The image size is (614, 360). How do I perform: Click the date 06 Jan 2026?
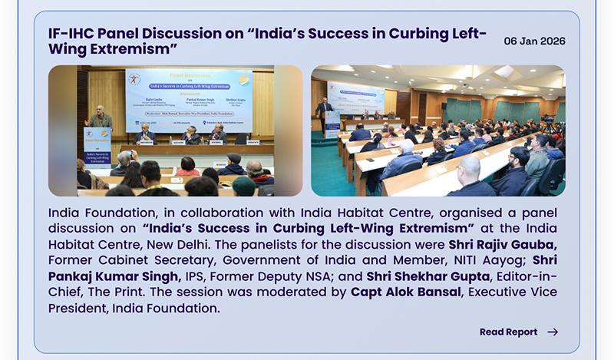pyautogui.click(x=534, y=41)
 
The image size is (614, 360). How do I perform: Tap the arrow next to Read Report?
pyautogui.click(x=553, y=332)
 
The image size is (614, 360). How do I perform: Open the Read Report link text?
pyautogui.click(x=508, y=332)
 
